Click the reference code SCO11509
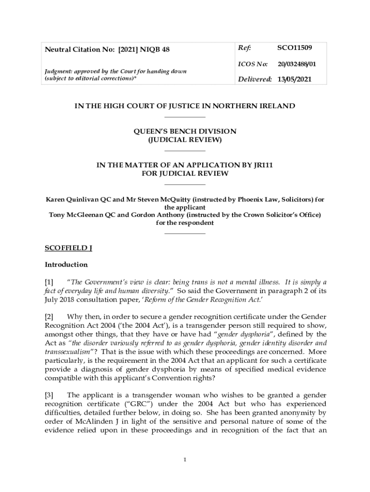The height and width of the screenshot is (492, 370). coord(295,48)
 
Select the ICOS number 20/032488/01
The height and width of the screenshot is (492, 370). coord(296,63)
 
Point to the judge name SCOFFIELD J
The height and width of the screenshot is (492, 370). coord(68,248)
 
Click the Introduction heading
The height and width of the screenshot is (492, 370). coord(66,264)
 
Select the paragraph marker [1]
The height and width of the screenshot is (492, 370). coord(49,282)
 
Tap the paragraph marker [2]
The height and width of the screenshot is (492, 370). coord(49,316)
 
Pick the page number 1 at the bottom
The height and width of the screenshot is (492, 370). coord(185,460)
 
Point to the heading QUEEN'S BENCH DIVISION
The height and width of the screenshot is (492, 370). coord(185,131)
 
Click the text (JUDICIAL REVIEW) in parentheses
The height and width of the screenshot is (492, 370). coord(185,140)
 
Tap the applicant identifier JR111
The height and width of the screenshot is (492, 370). coord(262,165)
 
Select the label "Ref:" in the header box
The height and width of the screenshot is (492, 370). coord(245,48)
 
